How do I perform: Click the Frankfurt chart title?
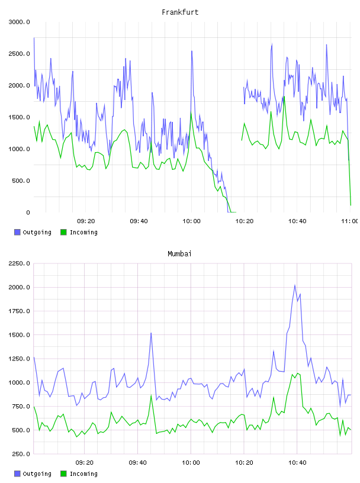(x=180, y=12)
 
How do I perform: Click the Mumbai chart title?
(x=179, y=254)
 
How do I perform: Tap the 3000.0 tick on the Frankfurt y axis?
(x=19, y=22)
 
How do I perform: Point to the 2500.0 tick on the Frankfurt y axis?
(x=19, y=54)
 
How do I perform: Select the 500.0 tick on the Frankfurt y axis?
(x=21, y=181)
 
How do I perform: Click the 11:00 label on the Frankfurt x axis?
(x=350, y=221)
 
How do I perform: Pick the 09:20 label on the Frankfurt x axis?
(x=86, y=221)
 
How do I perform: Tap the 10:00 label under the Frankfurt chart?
(x=191, y=221)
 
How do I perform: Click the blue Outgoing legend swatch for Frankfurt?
(x=17, y=232)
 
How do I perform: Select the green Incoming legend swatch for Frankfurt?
(x=63, y=232)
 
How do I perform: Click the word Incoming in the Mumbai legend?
(x=83, y=474)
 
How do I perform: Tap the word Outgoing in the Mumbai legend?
(x=37, y=474)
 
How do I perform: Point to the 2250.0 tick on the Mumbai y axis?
(x=19, y=263)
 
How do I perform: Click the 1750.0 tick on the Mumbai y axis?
(x=19, y=311)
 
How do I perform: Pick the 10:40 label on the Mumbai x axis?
(x=297, y=463)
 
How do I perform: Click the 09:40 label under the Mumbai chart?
(x=138, y=463)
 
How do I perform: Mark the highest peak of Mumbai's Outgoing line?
(x=295, y=285)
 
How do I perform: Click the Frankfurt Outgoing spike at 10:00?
(x=192, y=51)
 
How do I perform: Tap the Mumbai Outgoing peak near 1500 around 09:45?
(x=151, y=333)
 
